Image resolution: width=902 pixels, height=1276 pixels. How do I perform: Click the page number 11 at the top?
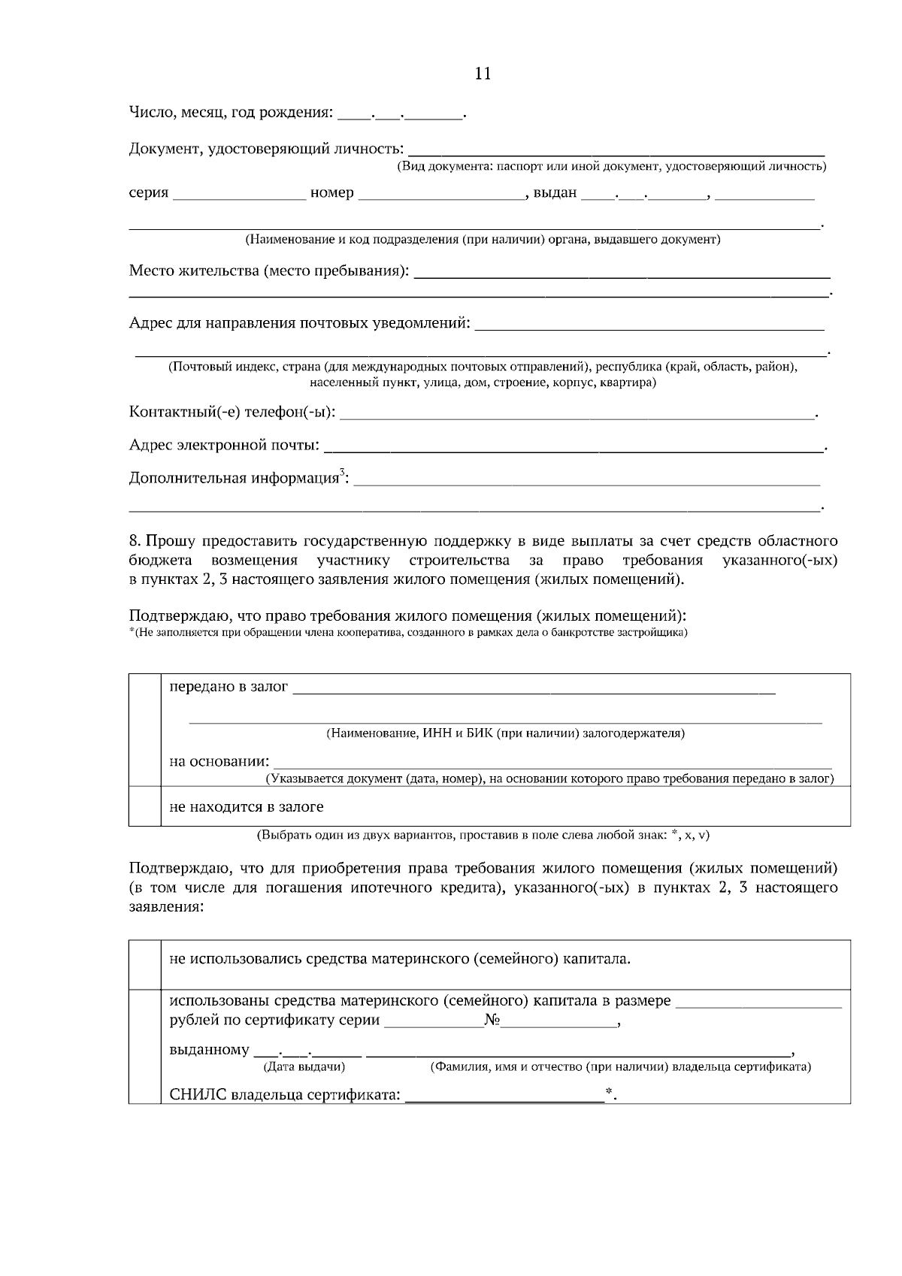coord(483,74)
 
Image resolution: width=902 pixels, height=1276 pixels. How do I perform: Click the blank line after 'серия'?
coord(239,197)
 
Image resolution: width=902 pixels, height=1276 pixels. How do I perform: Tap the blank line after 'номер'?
coord(441,197)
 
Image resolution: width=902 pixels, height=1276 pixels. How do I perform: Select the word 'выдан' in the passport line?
coord(555,193)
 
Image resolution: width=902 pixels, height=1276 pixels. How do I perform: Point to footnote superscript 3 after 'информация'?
coord(342,472)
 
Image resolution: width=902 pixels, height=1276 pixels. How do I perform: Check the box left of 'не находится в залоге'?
coord(145,806)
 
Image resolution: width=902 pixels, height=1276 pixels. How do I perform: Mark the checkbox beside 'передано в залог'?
coord(145,730)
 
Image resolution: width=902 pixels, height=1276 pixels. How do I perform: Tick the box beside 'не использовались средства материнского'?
coord(145,964)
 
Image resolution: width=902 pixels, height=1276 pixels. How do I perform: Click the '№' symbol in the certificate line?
coord(493,1021)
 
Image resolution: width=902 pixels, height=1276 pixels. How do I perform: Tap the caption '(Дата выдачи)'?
coord(302,1066)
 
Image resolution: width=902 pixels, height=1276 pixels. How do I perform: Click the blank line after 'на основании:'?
coord(552,766)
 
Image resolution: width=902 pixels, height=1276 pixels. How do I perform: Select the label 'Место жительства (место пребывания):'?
coord(269,271)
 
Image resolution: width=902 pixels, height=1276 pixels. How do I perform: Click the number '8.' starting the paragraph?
coord(135,541)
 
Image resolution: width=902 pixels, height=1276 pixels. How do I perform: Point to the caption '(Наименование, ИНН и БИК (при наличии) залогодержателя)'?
coord(504,733)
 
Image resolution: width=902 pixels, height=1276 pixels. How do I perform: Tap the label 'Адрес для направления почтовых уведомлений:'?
coord(300,323)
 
